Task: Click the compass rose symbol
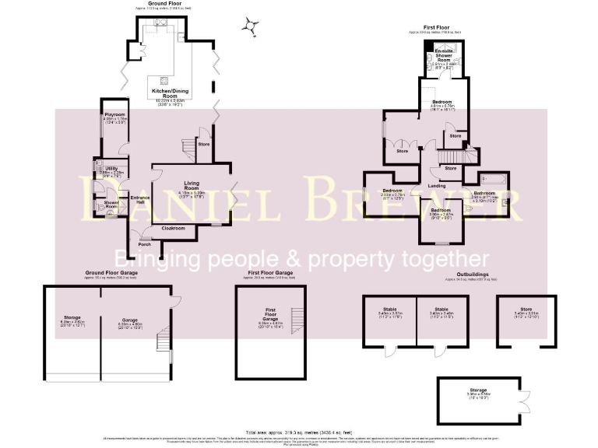point(249,27)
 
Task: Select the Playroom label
point(114,114)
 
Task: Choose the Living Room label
point(192,185)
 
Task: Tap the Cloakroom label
point(172,228)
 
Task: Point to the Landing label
point(437,185)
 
